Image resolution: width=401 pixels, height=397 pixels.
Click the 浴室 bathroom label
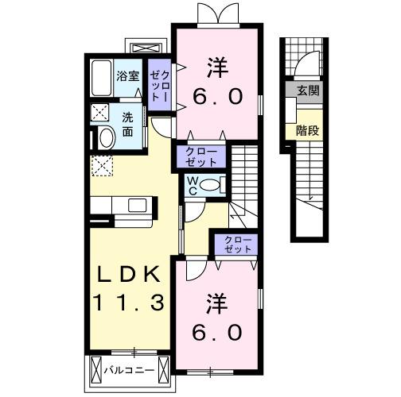[x=128, y=76]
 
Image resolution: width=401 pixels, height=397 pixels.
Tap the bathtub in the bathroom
[x=101, y=79]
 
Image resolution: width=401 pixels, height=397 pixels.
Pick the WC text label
[x=193, y=186]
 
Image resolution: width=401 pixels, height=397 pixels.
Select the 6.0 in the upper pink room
[x=215, y=98]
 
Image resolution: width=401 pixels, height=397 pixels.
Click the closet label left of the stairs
[x=201, y=156]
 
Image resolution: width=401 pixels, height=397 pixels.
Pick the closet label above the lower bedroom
[x=235, y=244]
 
